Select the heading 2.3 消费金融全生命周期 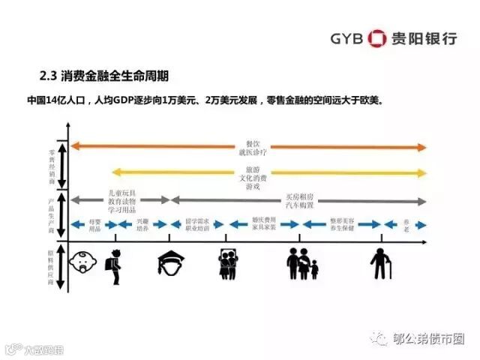pos(103,76)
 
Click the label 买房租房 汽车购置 pos(300,200)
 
